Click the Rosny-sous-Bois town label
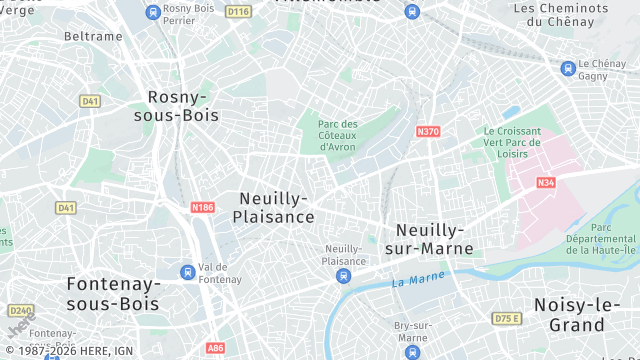[x=177, y=105]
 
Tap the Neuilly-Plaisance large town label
[x=274, y=207]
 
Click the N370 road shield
[x=428, y=131]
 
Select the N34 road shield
[x=545, y=182]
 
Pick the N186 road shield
[x=202, y=207]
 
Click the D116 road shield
[x=238, y=12]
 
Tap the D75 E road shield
[x=507, y=318]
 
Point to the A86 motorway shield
[x=215, y=348]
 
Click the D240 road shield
[x=21, y=310]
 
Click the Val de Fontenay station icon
[x=187, y=272]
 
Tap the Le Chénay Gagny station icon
[x=568, y=68]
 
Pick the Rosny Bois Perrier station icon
[x=152, y=12]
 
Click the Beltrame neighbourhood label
[x=93, y=36]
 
